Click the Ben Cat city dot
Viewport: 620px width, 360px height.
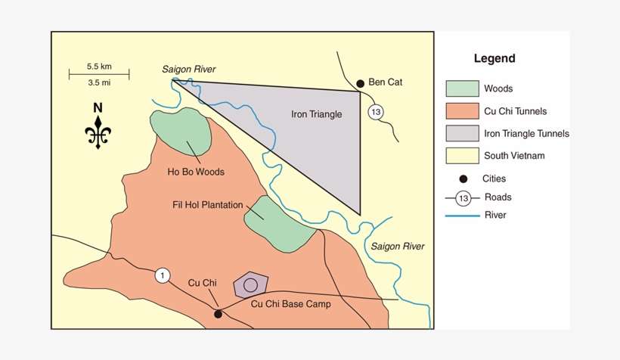click(x=361, y=82)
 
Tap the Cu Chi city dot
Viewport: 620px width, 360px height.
click(x=218, y=313)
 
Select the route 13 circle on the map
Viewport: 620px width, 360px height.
click(x=376, y=113)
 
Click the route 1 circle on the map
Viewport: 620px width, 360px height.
click(x=163, y=275)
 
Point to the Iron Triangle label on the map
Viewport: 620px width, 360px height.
click(x=317, y=115)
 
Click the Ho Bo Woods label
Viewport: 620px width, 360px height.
click(x=196, y=172)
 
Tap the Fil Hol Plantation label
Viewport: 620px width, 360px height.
click(x=207, y=204)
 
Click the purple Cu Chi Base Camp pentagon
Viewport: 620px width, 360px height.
click(x=251, y=285)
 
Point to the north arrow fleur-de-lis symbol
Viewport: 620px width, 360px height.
click(x=98, y=132)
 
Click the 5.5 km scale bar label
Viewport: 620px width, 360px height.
click(x=99, y=66)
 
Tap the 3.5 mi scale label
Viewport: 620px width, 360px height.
click(x=99, y=82)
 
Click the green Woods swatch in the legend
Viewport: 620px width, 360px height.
click(x=462, y=88)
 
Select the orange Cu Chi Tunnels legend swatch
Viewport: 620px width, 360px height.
click(x=462, y=111)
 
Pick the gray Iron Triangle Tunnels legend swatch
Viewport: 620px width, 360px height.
click(x=462, y=134)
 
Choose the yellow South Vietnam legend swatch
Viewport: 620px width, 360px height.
click(x=462, y=157)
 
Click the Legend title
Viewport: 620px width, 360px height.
click(x=494, y=59)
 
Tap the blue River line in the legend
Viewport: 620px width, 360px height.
click(x=462, y=216)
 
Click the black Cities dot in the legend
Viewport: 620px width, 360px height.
click(x=463, y=179)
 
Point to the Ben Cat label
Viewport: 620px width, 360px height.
click(x=386, y=82)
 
